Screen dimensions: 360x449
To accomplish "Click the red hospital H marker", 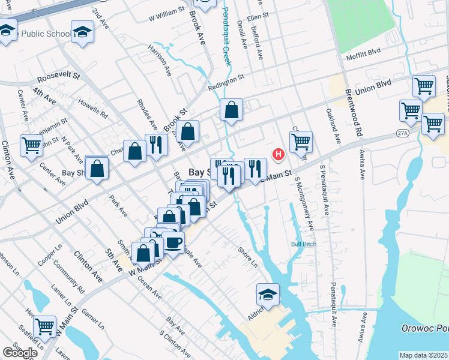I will click(279, 155).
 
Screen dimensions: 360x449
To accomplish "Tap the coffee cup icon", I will click(173, 243).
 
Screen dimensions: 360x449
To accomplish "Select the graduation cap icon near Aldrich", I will click(268, 295).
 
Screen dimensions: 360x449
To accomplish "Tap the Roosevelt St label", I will click(58, 77).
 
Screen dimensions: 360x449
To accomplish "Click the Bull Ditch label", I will click(303, 244).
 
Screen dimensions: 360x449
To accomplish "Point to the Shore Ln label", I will click(247, 257).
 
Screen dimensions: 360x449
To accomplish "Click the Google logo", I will click(20, 352).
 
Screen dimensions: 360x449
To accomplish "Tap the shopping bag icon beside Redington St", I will click(231, 111).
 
